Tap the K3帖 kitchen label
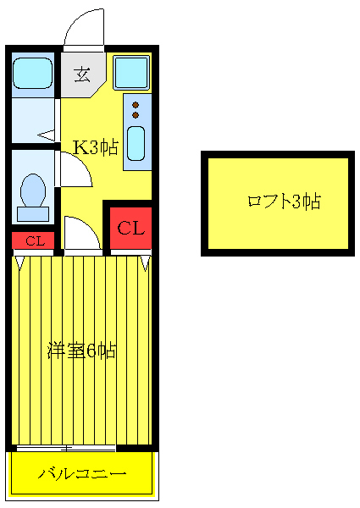tap(94, 147)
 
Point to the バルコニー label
tap(82, 473)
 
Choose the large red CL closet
tap(130, 229)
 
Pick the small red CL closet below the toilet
tap(34, 241)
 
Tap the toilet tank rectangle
tap(34, 213)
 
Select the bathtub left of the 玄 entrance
tap(34, 72)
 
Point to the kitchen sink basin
tap(136, 141)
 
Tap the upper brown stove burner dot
tap(136, 105)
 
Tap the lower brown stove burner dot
tap(136, 115)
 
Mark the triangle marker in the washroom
tap(46, 134)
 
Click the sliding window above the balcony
tap(66, 447)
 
